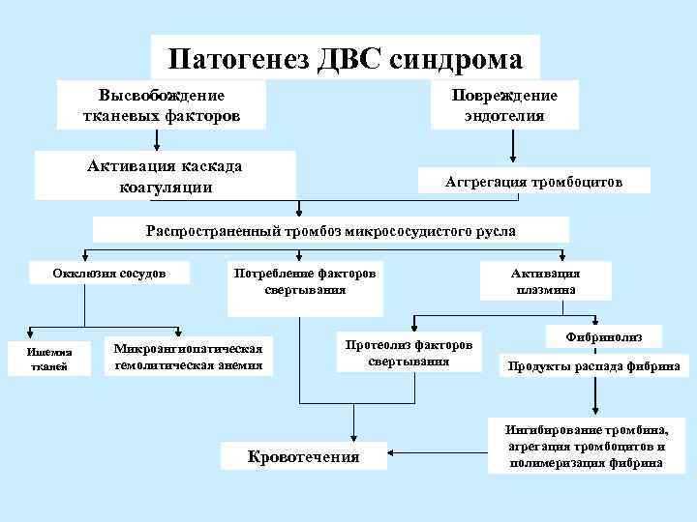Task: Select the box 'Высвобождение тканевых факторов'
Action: [x=162, y=105]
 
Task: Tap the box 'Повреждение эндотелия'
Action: [x=504, y=105]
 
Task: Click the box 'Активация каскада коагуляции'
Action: [x=165, y=176]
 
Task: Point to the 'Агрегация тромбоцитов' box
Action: [x=533, y=182]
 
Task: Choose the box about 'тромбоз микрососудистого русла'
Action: [x=330, y=231]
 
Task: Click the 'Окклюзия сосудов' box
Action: [x=109, y=274]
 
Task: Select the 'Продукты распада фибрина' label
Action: [x=589, y=366]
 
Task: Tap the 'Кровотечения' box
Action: [x=304, y=456]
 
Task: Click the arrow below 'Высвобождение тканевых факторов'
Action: [x=156, y=141]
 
